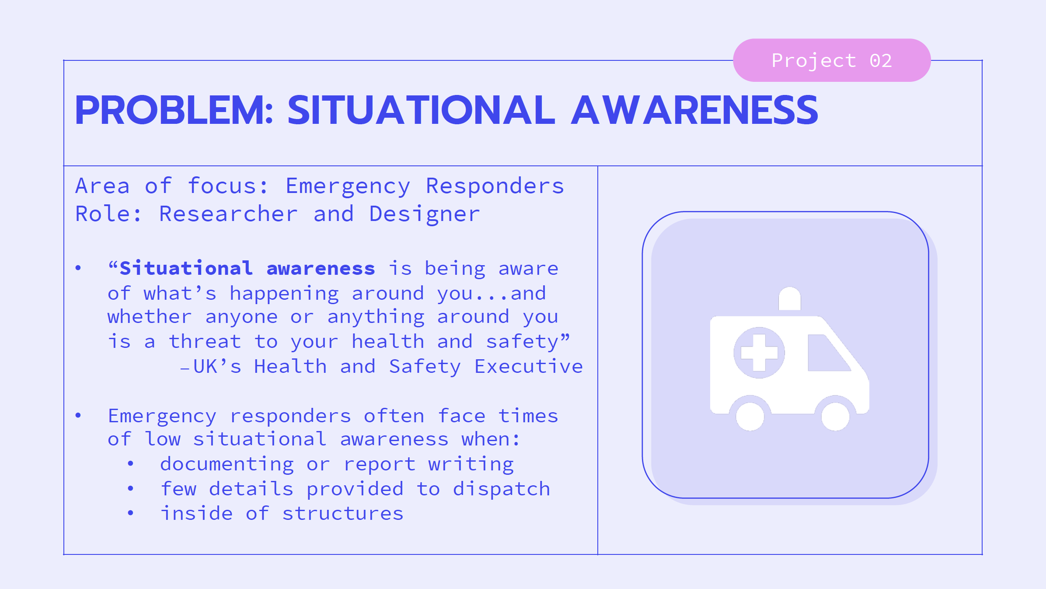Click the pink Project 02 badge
point(831,60)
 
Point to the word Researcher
point(228,214)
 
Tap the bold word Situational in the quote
point(186,268)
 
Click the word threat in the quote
point(205,342)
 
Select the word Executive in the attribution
point(528,367)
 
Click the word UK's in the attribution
point(217,367)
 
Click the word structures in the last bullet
point(343,514)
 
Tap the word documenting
point(227,465)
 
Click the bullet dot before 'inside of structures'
point(130,513)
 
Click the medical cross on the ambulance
point(759,353)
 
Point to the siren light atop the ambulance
point(790,298)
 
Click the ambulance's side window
point(826,354)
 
